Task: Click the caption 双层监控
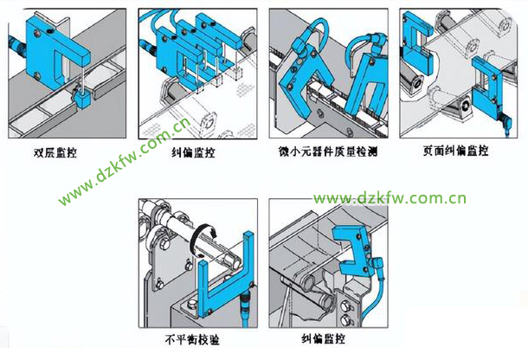tap(55, 152)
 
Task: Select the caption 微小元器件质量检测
tap(328, 151)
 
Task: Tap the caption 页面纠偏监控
tap(455, 151)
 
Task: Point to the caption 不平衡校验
tap(192, 339)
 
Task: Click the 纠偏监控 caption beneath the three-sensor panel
tap(193, 152)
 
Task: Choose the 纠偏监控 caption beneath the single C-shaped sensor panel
tap(323, 338)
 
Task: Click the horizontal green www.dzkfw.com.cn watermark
tap(390, 198)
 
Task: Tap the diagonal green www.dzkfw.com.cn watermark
tap(125, 162)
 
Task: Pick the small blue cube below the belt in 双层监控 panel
tap(81, 99)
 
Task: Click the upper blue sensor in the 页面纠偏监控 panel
tap(417, 43)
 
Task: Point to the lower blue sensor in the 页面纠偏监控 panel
tap(487, 88)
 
